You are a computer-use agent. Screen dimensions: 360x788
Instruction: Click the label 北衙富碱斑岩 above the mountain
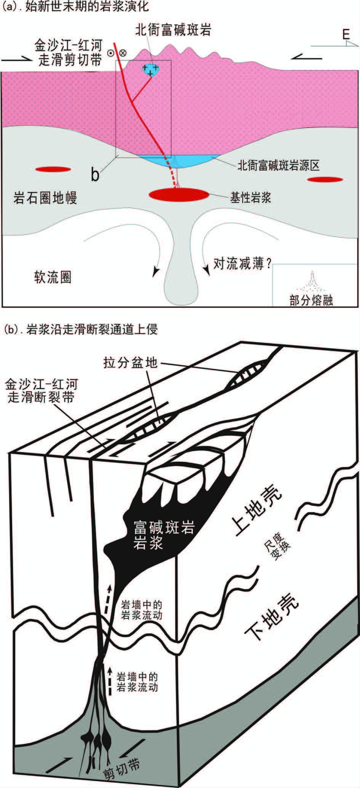173,30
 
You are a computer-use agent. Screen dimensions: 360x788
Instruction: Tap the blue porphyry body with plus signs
151,70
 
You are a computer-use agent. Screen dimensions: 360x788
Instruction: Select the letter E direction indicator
345,35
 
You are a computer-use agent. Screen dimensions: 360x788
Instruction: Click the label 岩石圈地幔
45,198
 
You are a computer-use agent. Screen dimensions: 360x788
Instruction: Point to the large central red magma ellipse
178,195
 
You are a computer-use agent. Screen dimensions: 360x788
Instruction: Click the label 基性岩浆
250,197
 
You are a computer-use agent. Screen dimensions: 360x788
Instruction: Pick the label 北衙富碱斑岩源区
278,165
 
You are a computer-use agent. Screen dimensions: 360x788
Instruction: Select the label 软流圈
53,277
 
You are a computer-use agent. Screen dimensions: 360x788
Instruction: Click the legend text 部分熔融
311,300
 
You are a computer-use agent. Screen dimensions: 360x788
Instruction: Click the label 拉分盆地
130,362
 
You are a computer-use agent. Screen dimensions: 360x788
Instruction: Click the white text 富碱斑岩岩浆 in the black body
163,535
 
